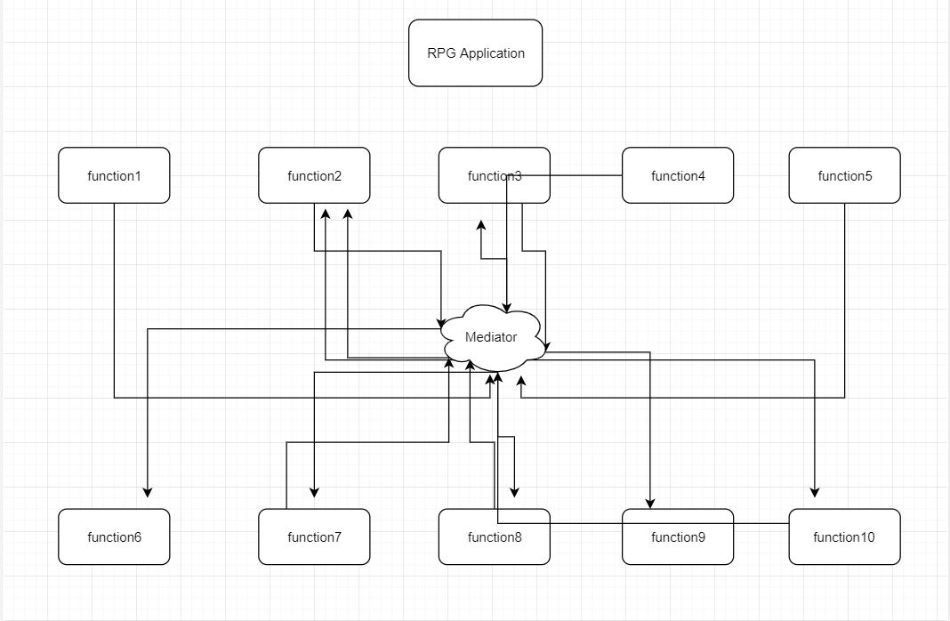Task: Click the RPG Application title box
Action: click(x=475, y=53)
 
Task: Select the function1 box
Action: click(x=114, y=175)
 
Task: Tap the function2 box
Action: click(x=314, y=175)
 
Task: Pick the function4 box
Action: click(x=678, y=175)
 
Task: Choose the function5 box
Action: click(x=844, y=175)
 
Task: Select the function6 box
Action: click(x=114, y=536)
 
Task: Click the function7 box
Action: click(x=314, y=536)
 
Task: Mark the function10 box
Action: click(x=844, y=536)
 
